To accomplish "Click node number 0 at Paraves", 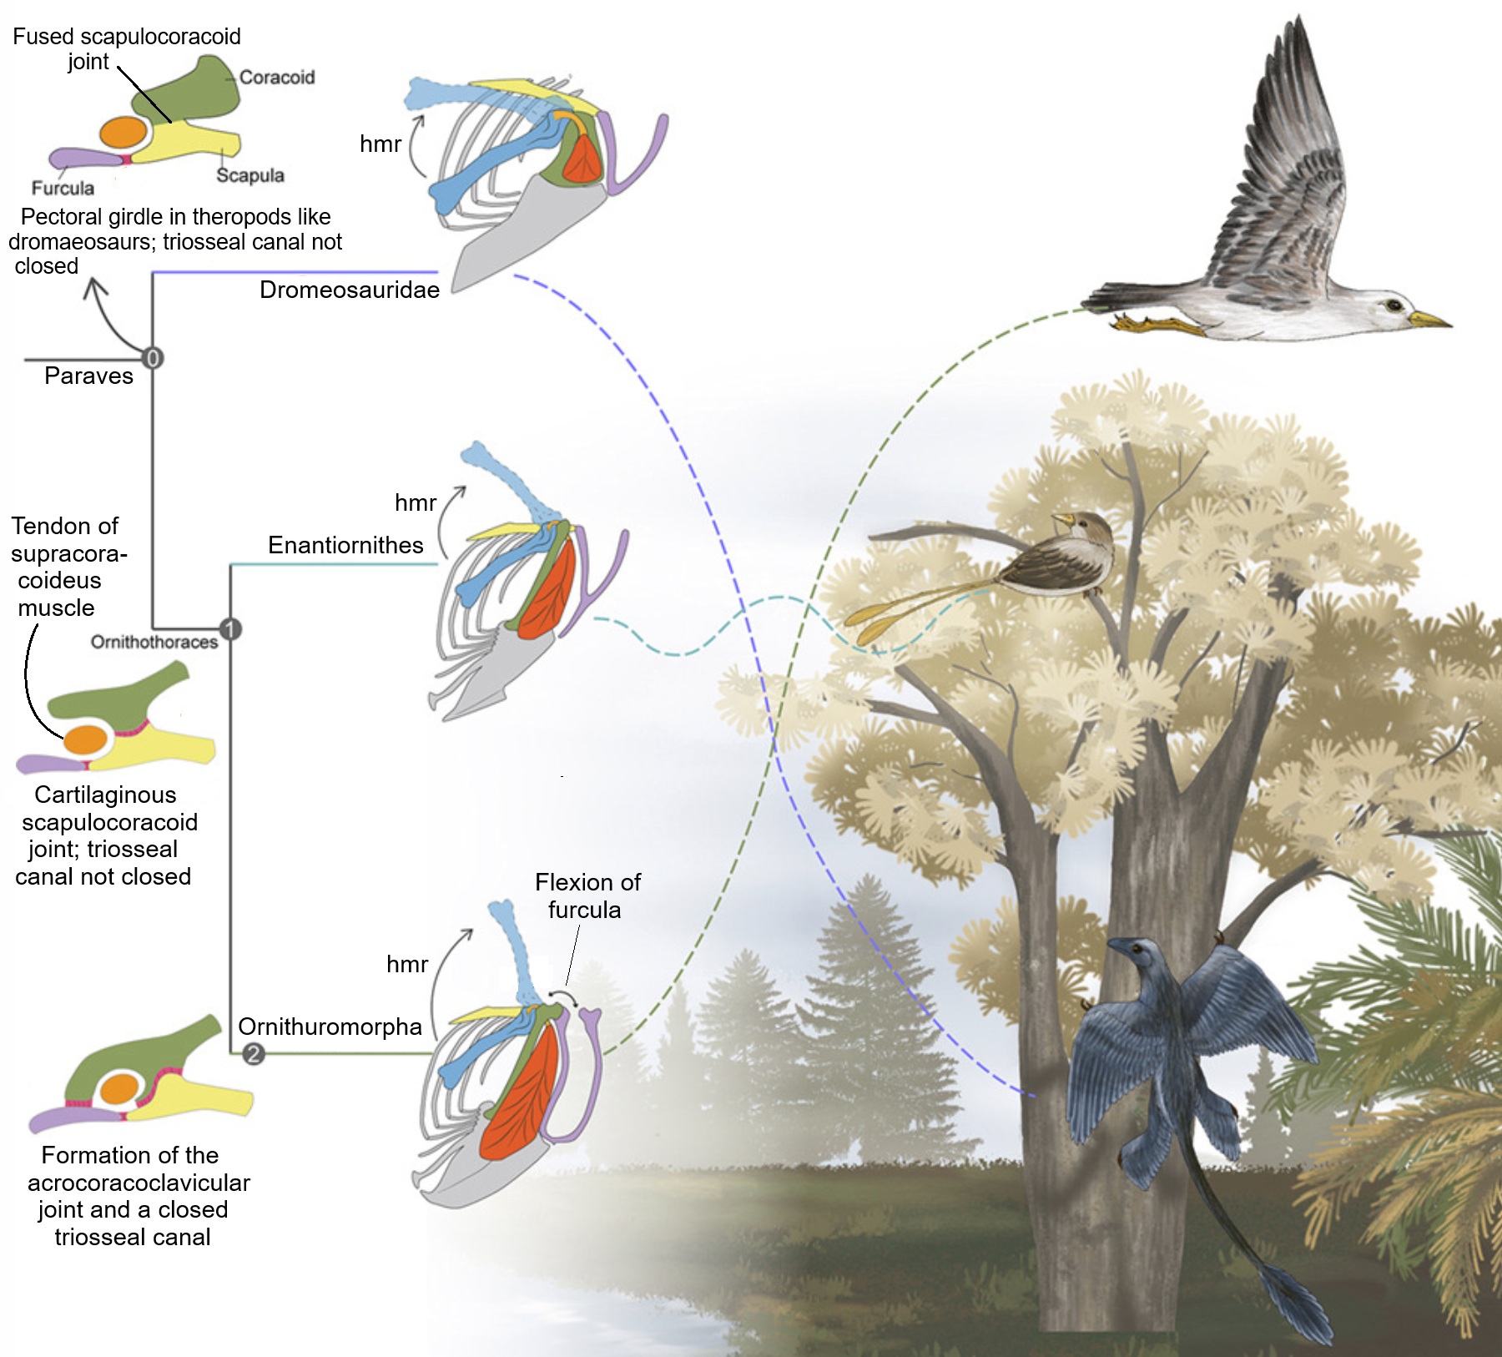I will coord(152,358).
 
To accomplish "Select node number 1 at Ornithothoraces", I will coord(230,629).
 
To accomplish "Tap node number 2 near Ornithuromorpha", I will coord(254,1054).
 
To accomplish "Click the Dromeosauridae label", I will coord(349,290).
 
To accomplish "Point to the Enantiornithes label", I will coord(345,545).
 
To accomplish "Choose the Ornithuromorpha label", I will coord(330,1027).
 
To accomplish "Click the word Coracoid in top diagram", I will coord(276,77).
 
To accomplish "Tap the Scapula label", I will coord(249,175).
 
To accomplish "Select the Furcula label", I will coord(63,188).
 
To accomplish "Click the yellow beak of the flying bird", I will coord(1430,320).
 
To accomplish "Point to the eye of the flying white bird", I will coord(1394,305).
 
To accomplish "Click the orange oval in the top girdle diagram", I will coord(123,132).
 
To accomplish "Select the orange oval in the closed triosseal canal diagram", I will coord(120,1088).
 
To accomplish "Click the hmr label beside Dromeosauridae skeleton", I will coord(381,144).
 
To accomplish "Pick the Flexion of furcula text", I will coord(587,895).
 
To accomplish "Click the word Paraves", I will coord(88,376).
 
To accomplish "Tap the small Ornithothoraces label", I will coord(154,642).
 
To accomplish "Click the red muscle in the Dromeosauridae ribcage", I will coord(582,158).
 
